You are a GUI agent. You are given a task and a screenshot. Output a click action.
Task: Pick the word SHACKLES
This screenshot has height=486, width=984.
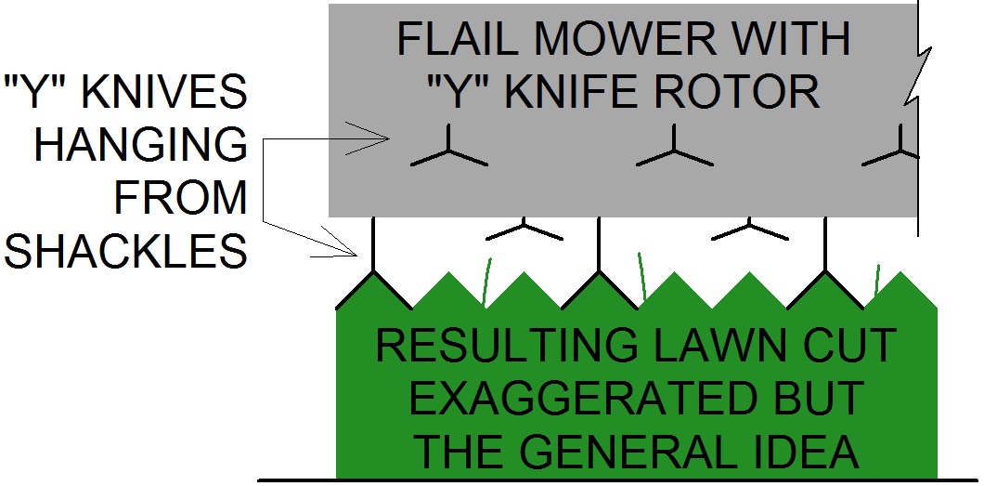125,250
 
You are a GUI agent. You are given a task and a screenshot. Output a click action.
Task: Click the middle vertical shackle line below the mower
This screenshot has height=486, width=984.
599,243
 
